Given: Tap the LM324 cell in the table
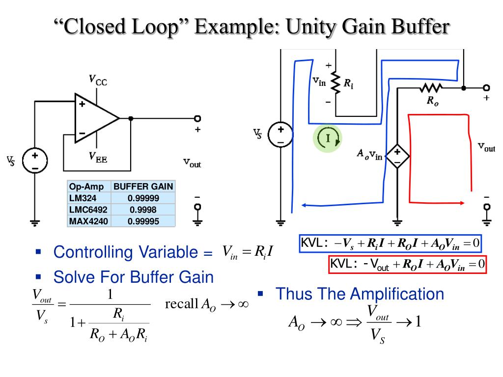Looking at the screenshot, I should (83, 198).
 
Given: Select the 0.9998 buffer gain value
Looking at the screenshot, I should (143, 210).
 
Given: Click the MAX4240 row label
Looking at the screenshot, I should (88, 221).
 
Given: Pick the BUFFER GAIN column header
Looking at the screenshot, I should (143, 187).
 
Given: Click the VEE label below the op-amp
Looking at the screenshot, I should (98, 157).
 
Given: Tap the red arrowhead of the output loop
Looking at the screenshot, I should (462, 202).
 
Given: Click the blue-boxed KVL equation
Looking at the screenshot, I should (391, 243).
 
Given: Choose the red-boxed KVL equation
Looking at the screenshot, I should (408, 265).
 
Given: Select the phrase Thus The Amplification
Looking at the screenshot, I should (360, 294).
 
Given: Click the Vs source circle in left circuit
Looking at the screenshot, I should (35, 161).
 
